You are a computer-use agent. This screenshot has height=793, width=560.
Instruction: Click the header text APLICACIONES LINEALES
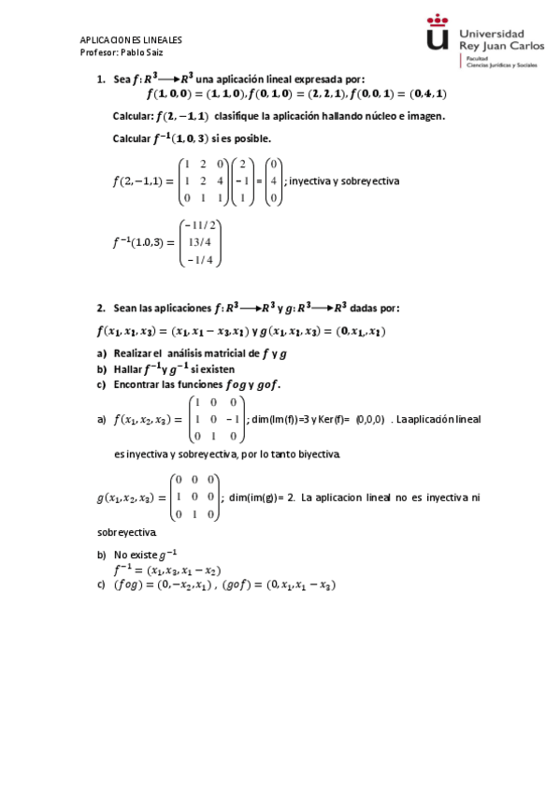point(131,41)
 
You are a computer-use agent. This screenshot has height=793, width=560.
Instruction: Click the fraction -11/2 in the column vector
point(201,225)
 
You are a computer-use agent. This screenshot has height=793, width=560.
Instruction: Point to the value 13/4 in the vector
point(201,242)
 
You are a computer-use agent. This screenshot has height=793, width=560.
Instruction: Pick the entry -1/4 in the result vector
point(201,260)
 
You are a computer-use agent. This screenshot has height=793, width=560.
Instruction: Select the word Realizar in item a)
point(133,353)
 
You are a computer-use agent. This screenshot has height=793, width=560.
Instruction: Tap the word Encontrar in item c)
point(138,384)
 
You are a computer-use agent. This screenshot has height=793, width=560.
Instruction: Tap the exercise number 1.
point(101,79)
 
